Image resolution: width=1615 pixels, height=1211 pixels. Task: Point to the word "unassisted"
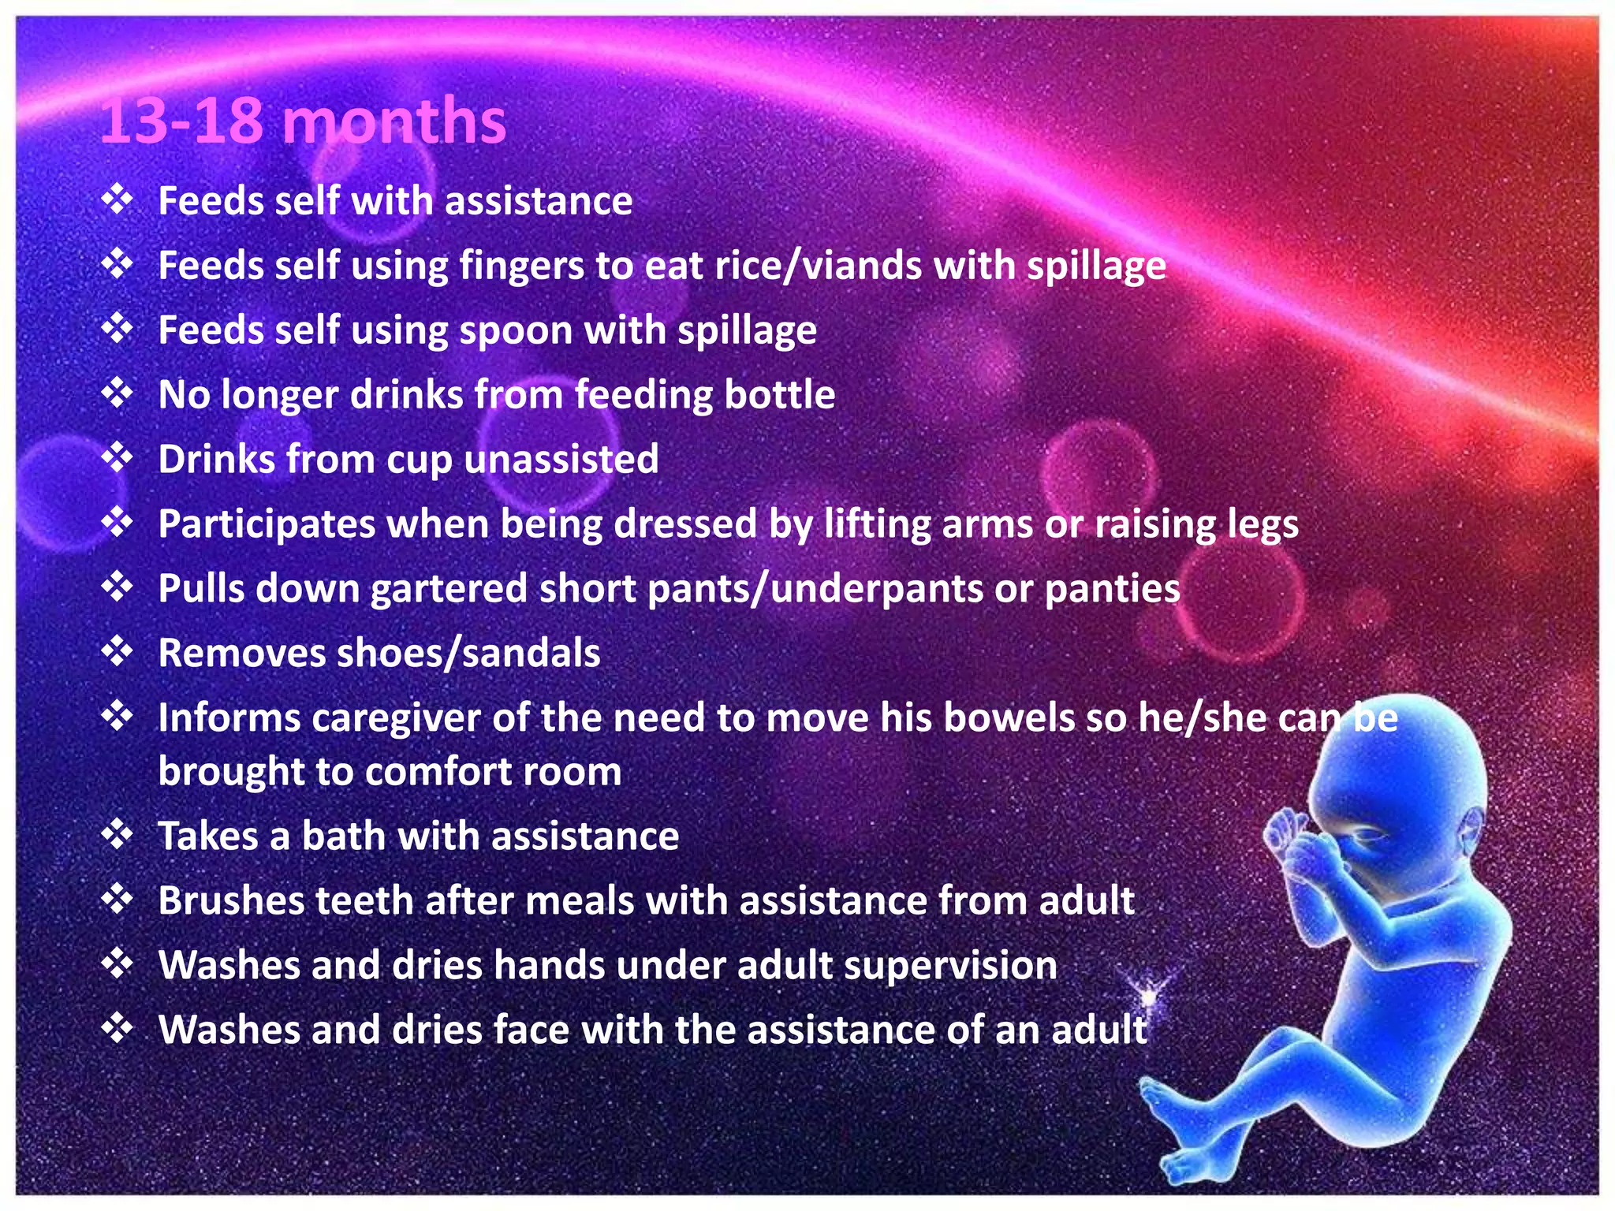(x=561, y=459)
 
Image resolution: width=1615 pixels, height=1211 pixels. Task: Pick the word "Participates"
(x=267, y=524)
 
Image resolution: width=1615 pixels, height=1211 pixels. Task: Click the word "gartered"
(x=449, y=590)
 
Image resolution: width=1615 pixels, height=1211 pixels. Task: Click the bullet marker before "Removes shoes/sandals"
(x=117, y=651)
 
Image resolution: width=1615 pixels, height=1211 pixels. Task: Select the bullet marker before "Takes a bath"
(x=117, y=834)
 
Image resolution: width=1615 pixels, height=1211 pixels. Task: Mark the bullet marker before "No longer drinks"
(x=117, y=393)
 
